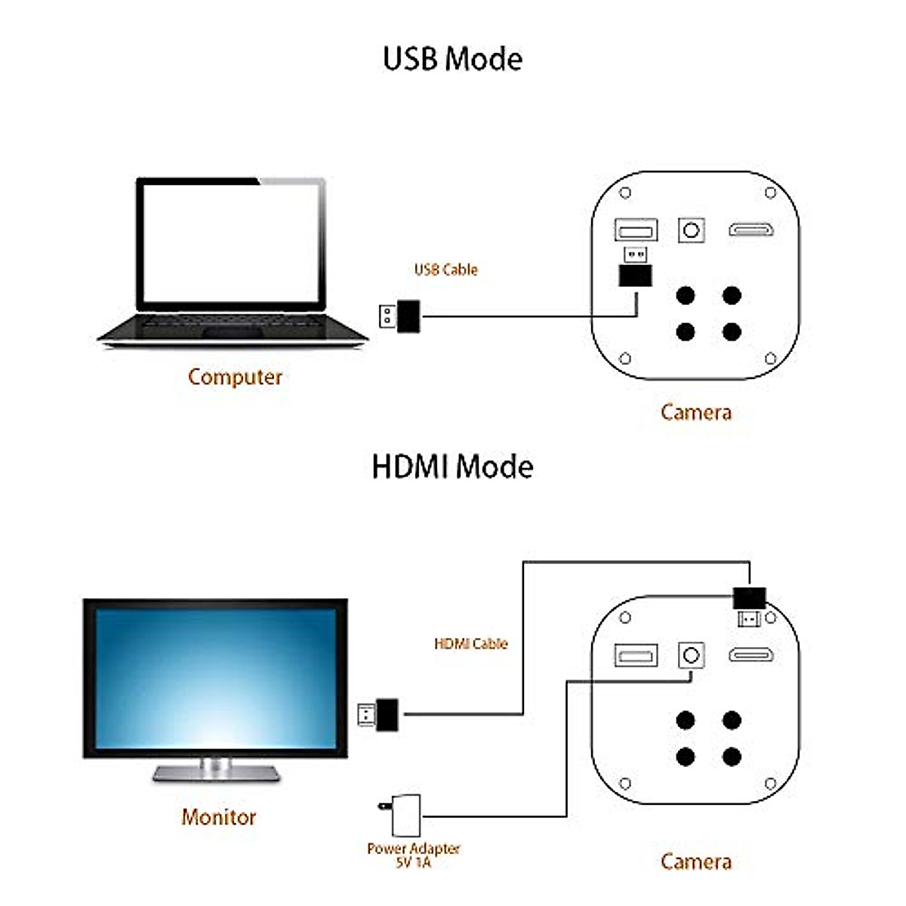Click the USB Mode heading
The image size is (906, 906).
coord(452,59)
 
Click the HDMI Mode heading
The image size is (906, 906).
coord(452,467)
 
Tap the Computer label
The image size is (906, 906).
coord(235,377)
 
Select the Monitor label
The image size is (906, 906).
coord(219,816)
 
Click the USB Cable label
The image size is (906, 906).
coord(445,270)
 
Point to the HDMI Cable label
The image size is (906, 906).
coord(470,644)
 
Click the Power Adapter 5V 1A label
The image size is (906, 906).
coord(413,855)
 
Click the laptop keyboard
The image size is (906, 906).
coord(230,324)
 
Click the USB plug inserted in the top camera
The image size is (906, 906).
coord(635,268)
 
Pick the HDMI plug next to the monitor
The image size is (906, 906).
coord(379,713)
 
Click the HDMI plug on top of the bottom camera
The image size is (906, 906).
coord(750,604)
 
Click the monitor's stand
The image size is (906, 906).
coord(216,770)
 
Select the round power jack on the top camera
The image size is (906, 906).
coord(691,230)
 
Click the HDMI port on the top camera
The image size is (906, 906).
coord(751,230)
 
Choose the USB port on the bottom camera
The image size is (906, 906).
coord(636,655)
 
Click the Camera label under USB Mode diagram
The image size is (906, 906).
coord(695,412)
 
